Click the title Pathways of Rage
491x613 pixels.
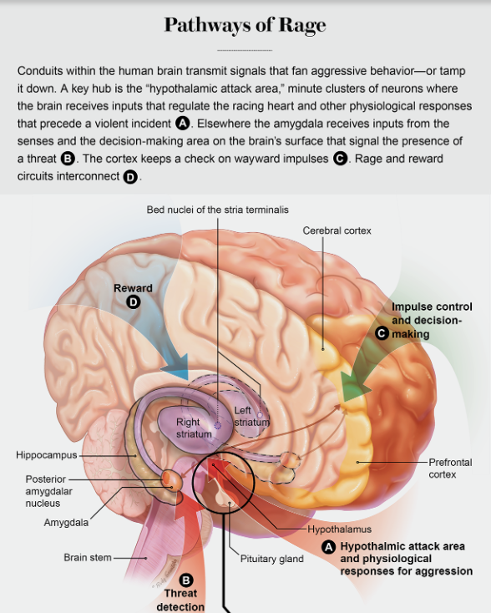245,24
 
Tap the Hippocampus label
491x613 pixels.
47,455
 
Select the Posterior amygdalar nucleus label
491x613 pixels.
48,491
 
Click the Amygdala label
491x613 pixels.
66,523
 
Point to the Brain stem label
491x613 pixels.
88,558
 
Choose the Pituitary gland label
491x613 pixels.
271,559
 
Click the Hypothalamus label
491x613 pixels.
339,529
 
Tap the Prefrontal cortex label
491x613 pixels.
450,469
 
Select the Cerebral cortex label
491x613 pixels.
337,231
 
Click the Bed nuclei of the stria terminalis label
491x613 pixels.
217,210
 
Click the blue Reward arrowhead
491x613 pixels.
176,367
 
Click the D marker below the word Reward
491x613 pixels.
134,301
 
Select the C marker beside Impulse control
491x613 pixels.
382,333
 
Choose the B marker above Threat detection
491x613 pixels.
185,580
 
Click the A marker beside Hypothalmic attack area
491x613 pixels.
328,547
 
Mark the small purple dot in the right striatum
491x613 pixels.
218,426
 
